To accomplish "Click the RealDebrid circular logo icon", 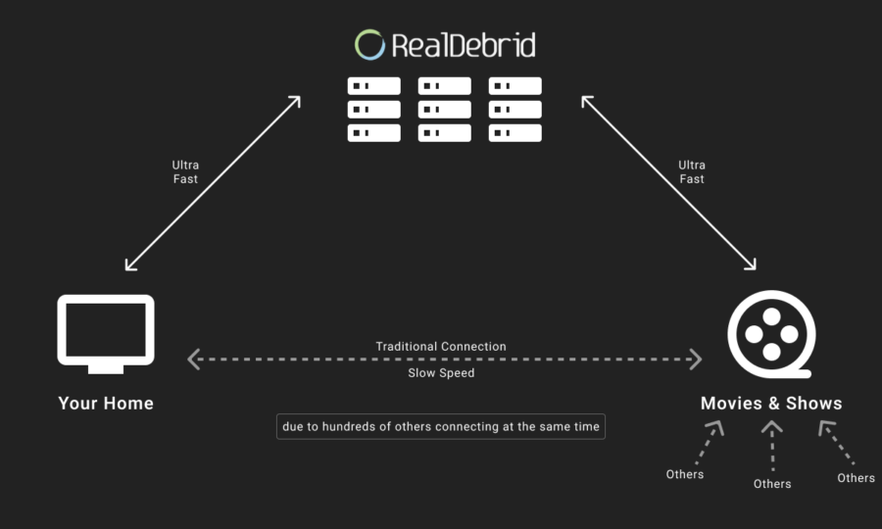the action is (x=369, y=31).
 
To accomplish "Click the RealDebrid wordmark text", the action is (x=464, y=45).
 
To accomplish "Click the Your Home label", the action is (x=106, y=403).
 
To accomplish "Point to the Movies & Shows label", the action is (x=771, y=403).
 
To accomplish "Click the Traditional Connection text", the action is (x=441, y=346).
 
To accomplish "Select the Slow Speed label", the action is (x=441, y=372).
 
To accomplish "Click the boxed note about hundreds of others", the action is (x=441, y=427).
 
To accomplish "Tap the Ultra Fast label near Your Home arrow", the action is (x=185, y=172).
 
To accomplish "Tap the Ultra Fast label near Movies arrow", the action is (x=692, y=172).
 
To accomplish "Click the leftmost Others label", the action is (x=685, y=474).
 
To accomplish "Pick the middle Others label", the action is (x=772, y=484).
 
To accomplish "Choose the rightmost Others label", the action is (x=857, y=478).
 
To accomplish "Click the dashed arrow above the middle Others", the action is (x=772, y=445).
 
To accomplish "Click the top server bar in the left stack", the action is (x=374, y=86).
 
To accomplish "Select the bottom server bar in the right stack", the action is (x=515, y=133).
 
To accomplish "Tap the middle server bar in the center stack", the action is (x=444, y=110).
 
